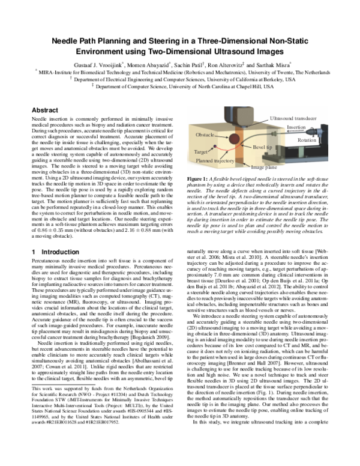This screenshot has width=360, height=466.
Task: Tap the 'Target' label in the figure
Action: point(201,153)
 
